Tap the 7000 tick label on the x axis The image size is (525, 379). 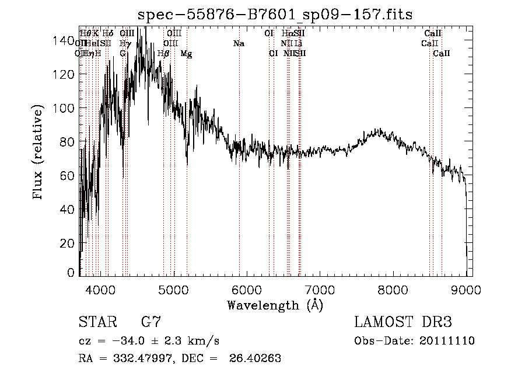[x=320, y=289]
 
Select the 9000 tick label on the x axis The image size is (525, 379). [x=466, y=289]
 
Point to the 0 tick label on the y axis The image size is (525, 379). [x=72, y=273]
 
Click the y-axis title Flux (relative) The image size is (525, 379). [x=39, y=153]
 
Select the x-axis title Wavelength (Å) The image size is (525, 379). [x=275, y=305]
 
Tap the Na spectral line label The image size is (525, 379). [x=239, y=44]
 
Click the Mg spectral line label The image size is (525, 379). [x=187, y=54]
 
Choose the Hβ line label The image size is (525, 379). [x=164, y=54]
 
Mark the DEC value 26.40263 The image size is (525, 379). [x=261, y=359]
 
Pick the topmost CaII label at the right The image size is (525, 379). [x=433, y=34]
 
